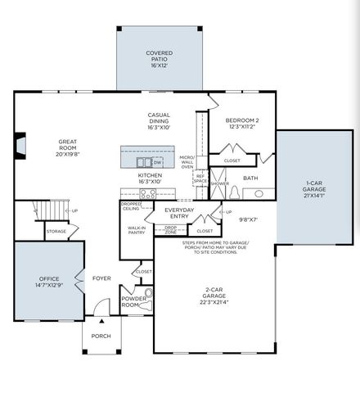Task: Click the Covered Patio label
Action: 159,59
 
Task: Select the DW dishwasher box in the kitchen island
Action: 157,162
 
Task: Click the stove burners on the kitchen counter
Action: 148,194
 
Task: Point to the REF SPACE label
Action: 200,178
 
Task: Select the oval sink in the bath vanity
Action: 259,194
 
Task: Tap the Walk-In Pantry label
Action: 137,231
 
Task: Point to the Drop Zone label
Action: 170,232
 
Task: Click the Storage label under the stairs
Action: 56,232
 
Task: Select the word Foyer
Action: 101,278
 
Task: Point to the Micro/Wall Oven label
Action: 187,161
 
